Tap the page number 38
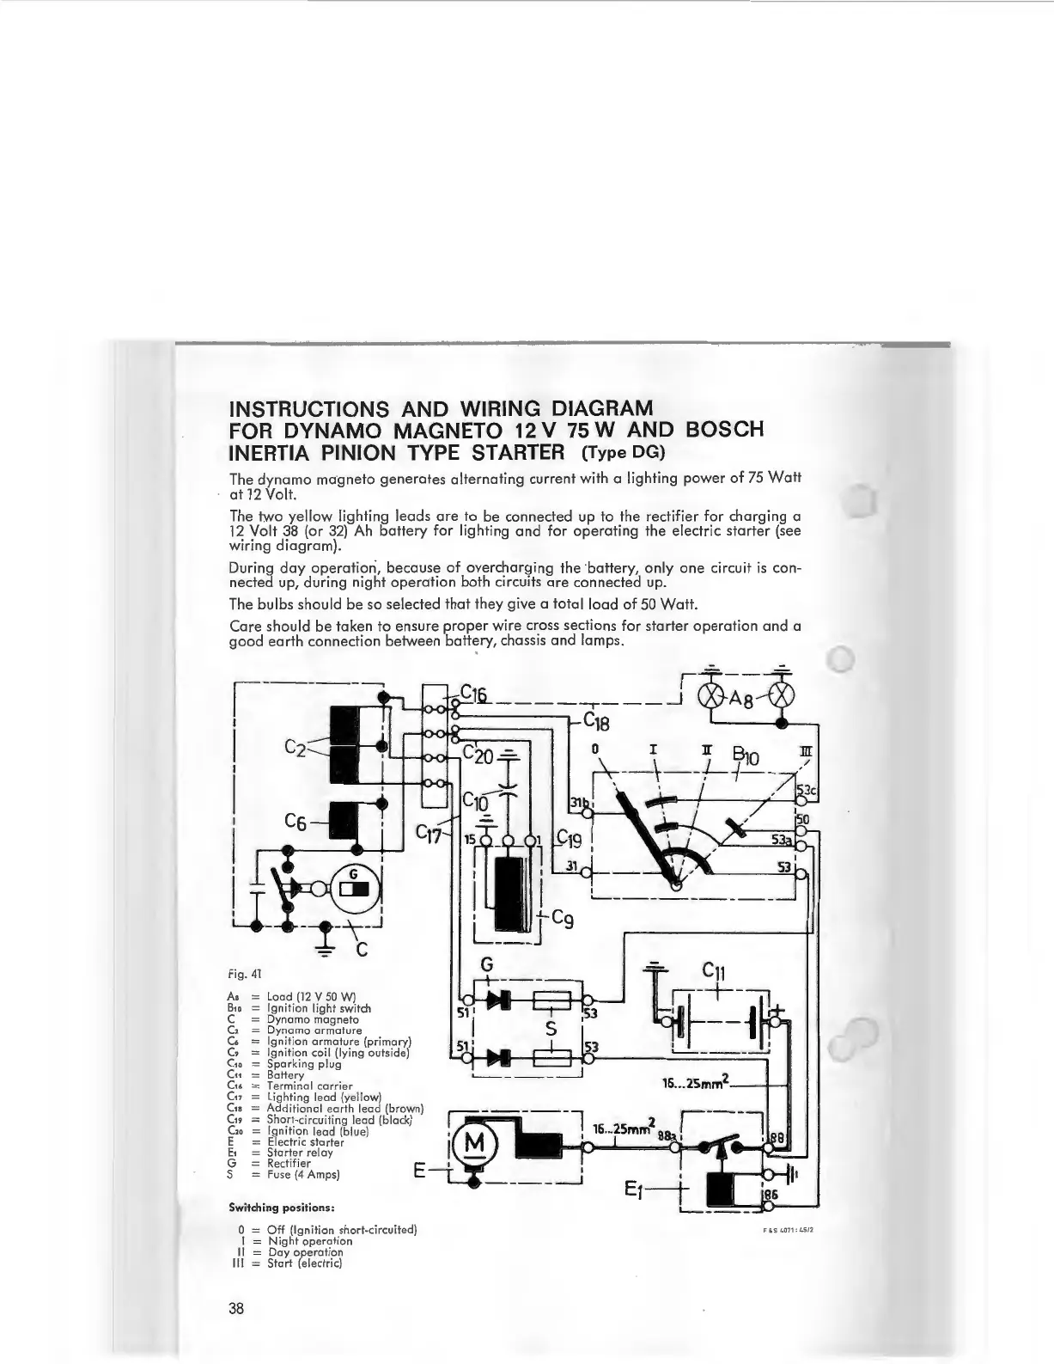(x=236, y=1308)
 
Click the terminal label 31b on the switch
(x=579, y=803)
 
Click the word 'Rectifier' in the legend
(x=289, y=1164)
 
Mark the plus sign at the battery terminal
(x=779, y=1010)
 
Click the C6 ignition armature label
(x=296, y=823)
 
